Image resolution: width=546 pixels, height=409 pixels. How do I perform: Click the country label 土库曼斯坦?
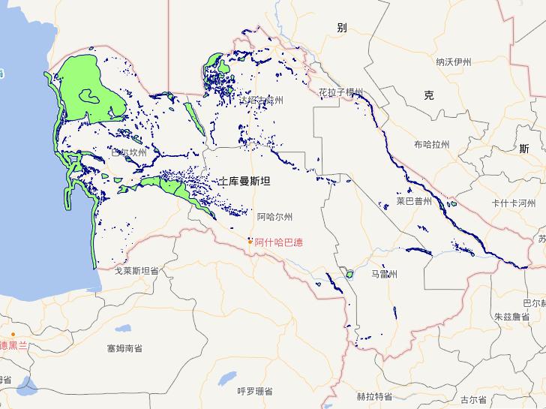(244, 182)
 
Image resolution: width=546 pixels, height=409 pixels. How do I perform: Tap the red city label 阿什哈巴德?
(278, 242)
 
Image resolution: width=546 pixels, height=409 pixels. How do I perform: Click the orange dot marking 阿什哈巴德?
(250, 241)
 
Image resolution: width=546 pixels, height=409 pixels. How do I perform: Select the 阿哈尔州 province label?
(274, 217)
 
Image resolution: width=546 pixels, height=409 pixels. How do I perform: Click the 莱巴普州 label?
(415, 201)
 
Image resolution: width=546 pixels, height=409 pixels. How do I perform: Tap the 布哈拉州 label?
(431, 144)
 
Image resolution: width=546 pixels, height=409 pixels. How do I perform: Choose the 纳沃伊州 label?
(454, 62)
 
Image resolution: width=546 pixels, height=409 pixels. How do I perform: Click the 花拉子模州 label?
(340, 92)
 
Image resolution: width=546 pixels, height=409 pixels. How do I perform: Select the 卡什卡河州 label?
(513, 203)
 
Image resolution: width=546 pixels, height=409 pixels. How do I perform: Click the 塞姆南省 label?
(124, 348)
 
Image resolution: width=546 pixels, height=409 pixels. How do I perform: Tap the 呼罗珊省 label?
(255, 391)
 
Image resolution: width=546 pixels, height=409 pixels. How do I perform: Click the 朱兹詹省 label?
(512, 317)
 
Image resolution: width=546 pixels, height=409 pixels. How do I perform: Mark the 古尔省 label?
(474, 399)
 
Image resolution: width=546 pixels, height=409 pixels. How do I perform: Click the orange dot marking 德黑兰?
(13, 334)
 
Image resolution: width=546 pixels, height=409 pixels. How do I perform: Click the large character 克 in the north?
(428, 95)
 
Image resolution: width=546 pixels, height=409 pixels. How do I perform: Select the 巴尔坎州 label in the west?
(130, 152)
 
